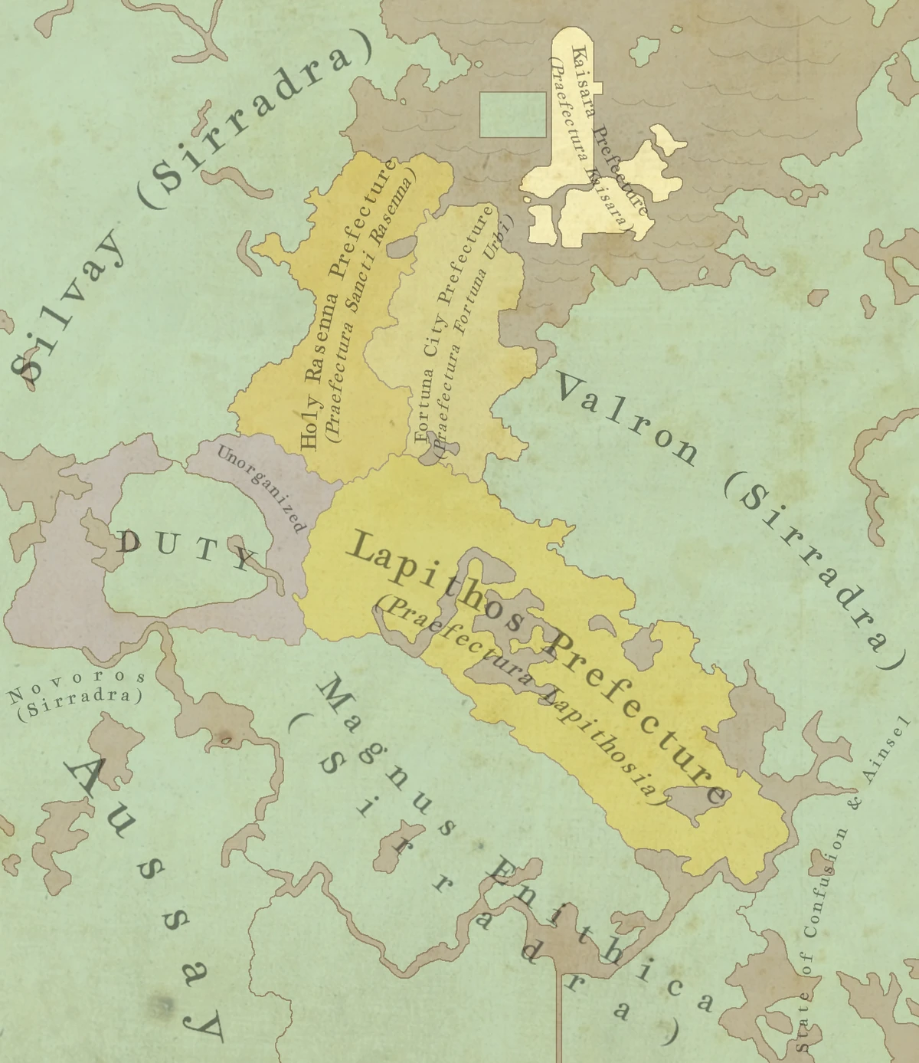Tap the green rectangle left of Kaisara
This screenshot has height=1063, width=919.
point(512,115)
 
